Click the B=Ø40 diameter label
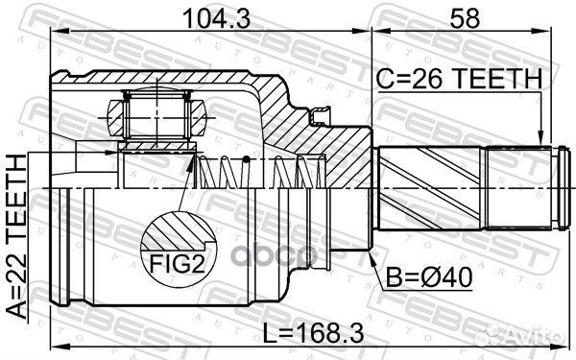pos(427,280)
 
